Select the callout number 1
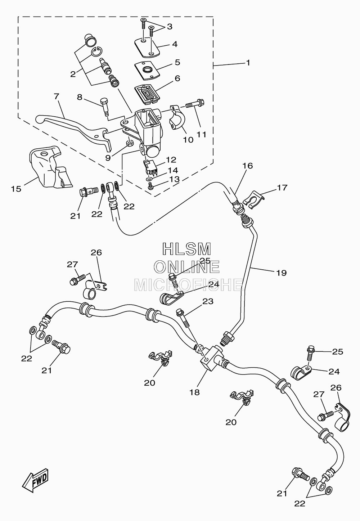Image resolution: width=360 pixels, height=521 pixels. tap(248, 63)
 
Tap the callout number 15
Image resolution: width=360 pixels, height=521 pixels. tap(16, 189)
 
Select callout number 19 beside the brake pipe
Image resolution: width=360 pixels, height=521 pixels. tap(282, 273)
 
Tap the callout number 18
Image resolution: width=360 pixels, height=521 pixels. tap(195, 392)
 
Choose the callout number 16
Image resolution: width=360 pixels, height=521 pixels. tap(248, 166)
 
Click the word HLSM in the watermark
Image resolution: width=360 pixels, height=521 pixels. tap(186, 249)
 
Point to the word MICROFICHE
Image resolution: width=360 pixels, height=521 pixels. tap(188, 285)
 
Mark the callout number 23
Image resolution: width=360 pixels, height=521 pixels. tap(208, 301)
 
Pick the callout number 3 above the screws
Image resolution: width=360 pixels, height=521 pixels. tap(170, 27)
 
